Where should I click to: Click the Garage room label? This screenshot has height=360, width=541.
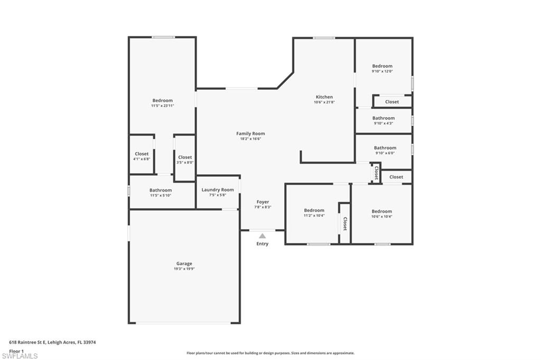184,263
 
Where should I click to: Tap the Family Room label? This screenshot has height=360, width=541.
250,134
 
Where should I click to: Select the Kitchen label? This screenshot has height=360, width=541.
324,97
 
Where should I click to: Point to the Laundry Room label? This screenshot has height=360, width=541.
218,190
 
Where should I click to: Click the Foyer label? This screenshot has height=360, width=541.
263,202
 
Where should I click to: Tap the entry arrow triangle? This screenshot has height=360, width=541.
263,236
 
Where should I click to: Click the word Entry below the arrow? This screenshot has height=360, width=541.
262,244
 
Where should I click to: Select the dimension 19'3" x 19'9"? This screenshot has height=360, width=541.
184,269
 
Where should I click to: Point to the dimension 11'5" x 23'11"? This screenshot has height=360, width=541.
163,106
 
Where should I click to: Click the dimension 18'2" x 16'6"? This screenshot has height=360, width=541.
250,139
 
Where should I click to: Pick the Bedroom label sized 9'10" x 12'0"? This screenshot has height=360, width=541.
383,66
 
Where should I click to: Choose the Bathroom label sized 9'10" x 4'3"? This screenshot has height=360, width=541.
384,118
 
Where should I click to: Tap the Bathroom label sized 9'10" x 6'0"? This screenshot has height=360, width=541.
385,148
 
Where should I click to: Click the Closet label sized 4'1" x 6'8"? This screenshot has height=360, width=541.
142,154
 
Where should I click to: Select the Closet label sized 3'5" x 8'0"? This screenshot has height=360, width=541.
185,157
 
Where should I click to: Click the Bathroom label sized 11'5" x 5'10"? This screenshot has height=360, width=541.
161,190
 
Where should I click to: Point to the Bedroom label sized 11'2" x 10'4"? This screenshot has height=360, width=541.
314,210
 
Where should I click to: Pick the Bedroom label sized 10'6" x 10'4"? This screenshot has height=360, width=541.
381,211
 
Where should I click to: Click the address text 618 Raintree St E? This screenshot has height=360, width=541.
27,343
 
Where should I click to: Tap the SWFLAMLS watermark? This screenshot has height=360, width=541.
20,356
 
